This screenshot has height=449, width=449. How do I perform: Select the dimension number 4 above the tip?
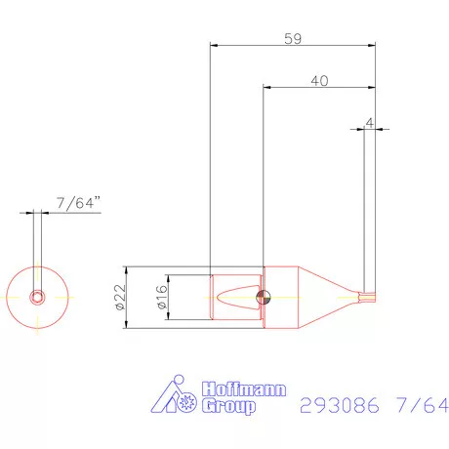(369, 121)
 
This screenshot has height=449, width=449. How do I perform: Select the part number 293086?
(335, 405)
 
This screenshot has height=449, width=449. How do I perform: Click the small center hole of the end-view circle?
(36, 296)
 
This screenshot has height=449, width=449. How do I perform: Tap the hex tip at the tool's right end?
(369, 296)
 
